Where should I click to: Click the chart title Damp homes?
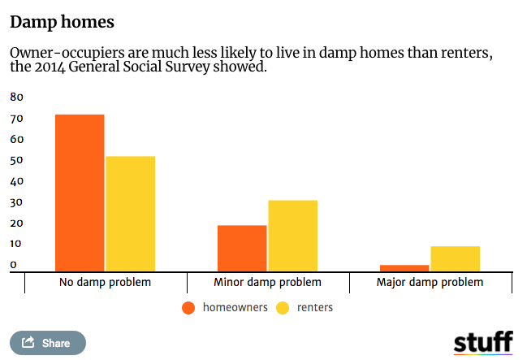(x=62, y=22)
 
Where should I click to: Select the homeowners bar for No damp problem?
(x=80, y=193)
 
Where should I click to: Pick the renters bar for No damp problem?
(x=130, y=214)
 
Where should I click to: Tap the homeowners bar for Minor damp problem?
(x=242, y=248)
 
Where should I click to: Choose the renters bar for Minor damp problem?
(x=292, y=236)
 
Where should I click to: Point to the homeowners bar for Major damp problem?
(x=405, y=268)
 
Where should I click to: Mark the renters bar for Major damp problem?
(x=455, y=258)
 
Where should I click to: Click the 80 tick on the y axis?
(x=16, y=98)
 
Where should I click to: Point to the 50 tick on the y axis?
(x=16, y=160)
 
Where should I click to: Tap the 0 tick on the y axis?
(x=13, y=264)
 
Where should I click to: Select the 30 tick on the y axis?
(x=16, y=202)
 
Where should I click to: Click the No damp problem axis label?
(x=106, y=283)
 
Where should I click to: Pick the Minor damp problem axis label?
(x=267, y=283)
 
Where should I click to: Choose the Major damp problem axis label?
(x=430, y=283)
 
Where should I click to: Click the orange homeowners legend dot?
(x=188, y=308)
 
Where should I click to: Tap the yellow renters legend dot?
(x=283, y=308)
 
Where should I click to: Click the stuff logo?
(x=483, y=341)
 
